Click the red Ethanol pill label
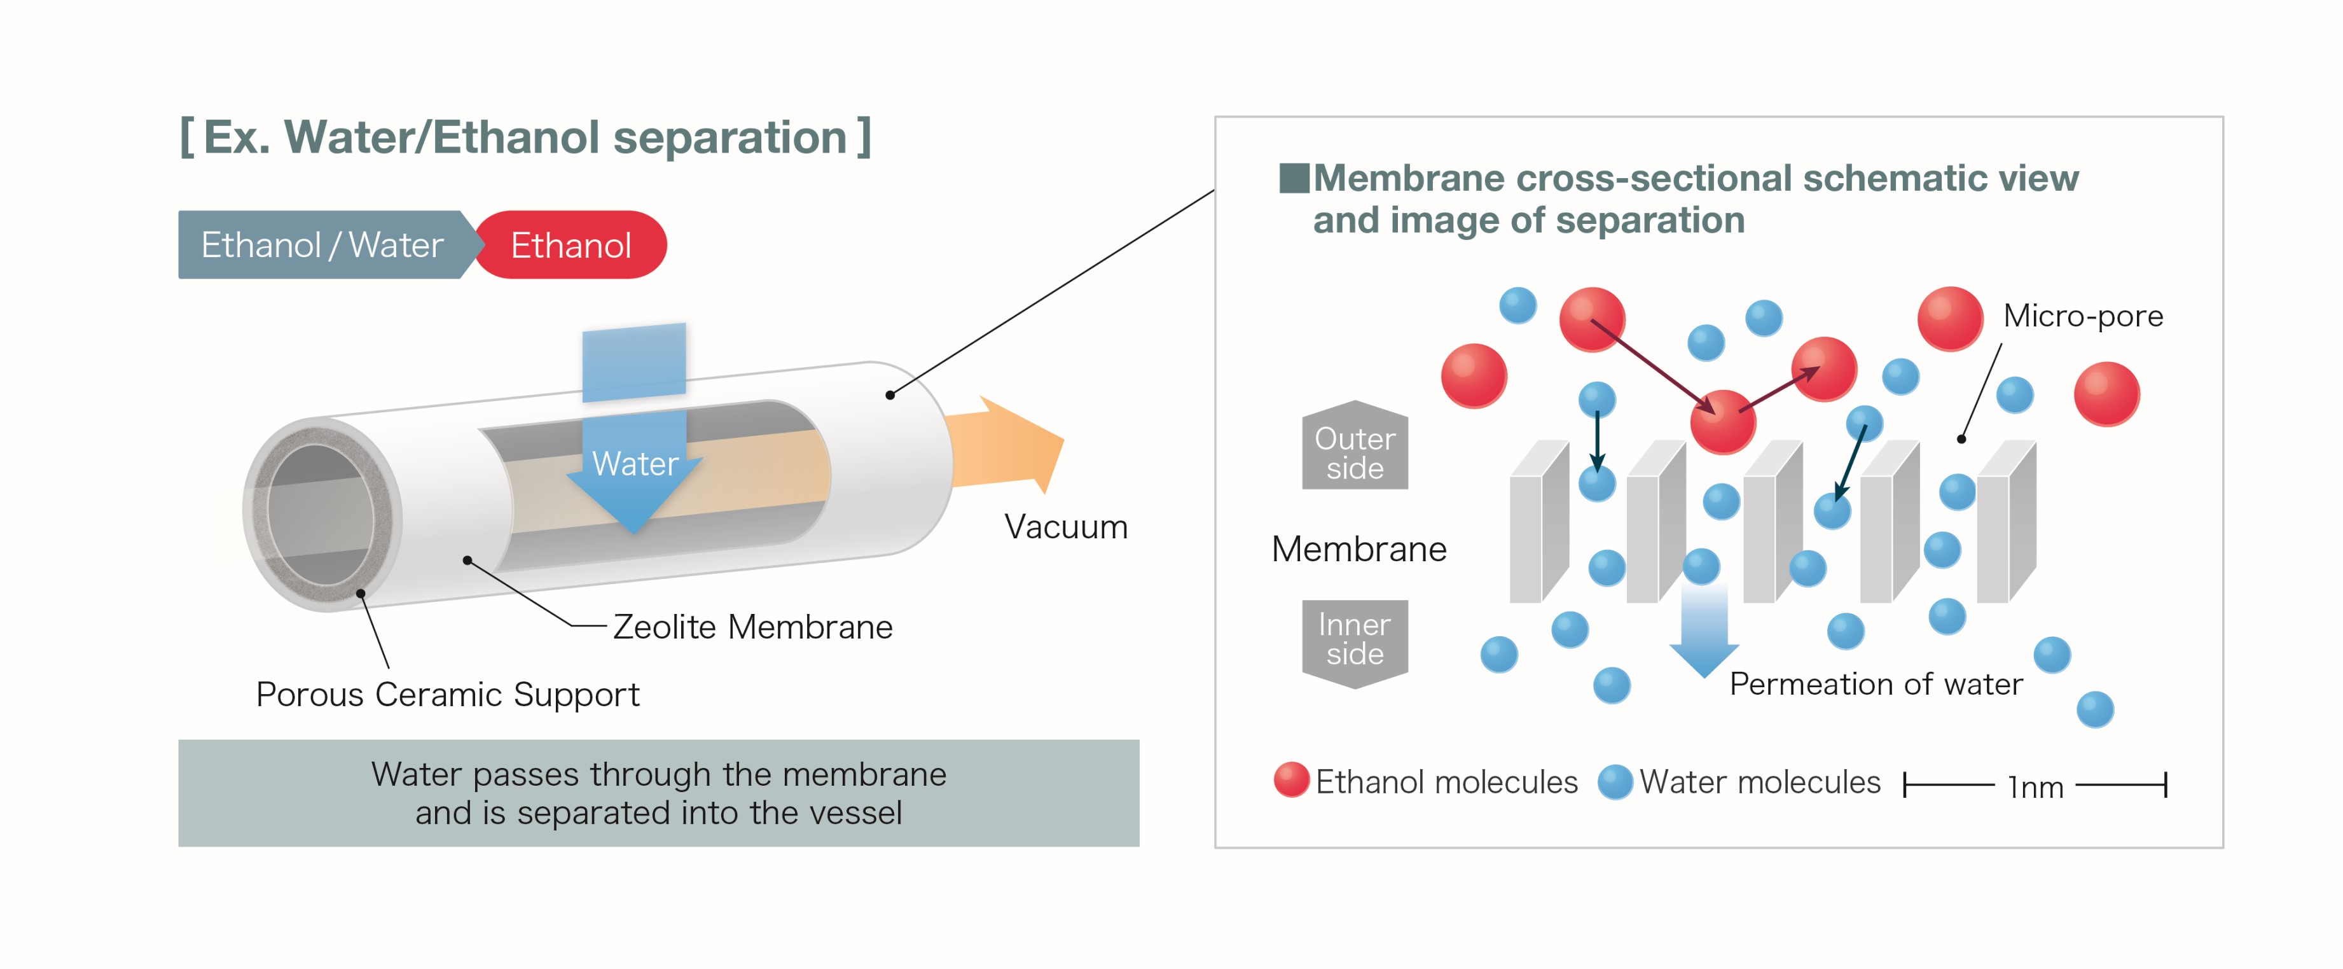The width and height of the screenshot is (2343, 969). [571, 245]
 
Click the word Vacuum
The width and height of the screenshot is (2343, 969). [1065, 527]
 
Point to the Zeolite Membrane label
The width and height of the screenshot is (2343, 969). [752, 627]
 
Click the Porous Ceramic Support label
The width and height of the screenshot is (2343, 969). [448, 694]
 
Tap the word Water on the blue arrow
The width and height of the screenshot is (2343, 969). [635, 464]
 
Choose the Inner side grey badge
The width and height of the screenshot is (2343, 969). [1354, 639]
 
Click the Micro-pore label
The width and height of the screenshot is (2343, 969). [2083, 316]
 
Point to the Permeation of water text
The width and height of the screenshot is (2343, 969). [1876, 684]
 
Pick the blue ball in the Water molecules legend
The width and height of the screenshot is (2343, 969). [1615, 781]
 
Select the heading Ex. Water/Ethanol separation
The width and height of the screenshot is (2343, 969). [526, 137]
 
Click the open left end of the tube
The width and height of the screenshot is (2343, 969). [320, 515]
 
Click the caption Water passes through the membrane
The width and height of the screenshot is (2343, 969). [658, 793]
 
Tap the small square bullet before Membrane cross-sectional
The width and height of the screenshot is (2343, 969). [1294, 178]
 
